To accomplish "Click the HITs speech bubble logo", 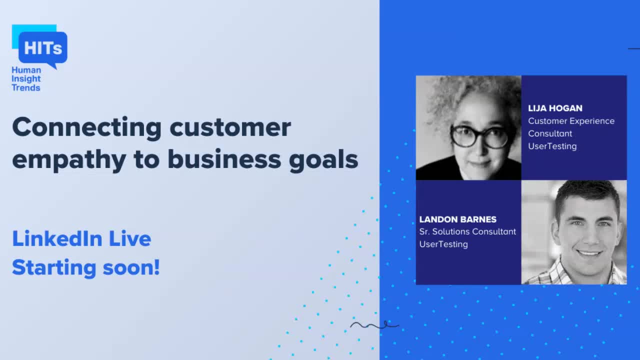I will pyautogui.click(x=42, y=48).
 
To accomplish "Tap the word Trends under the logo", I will pyautogui.click(x=26, y=88).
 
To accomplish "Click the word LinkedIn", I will pyautogui.click(x=57, y=239).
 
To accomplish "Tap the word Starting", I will pyautogui.click(x=54, y=268).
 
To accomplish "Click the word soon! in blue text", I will pyautogui.click(x=131, y=268).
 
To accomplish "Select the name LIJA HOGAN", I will pyautogui.click(x=555, y=108).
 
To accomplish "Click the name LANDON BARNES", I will pyautogui.click(x=458, y=219).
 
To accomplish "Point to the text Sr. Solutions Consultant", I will pyautogui.click(x=467, y=231).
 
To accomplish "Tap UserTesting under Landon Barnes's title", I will pyautogui.click(x=443, y=244).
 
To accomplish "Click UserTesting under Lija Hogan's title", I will pyautogui.click(x=552, y=146).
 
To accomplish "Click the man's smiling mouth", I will pyautogui.click(x=589, y=253).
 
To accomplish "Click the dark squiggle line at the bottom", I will pyautogui.click(x=374, y=325).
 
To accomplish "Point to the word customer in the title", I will pyautogui.click(x=230, y=128).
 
